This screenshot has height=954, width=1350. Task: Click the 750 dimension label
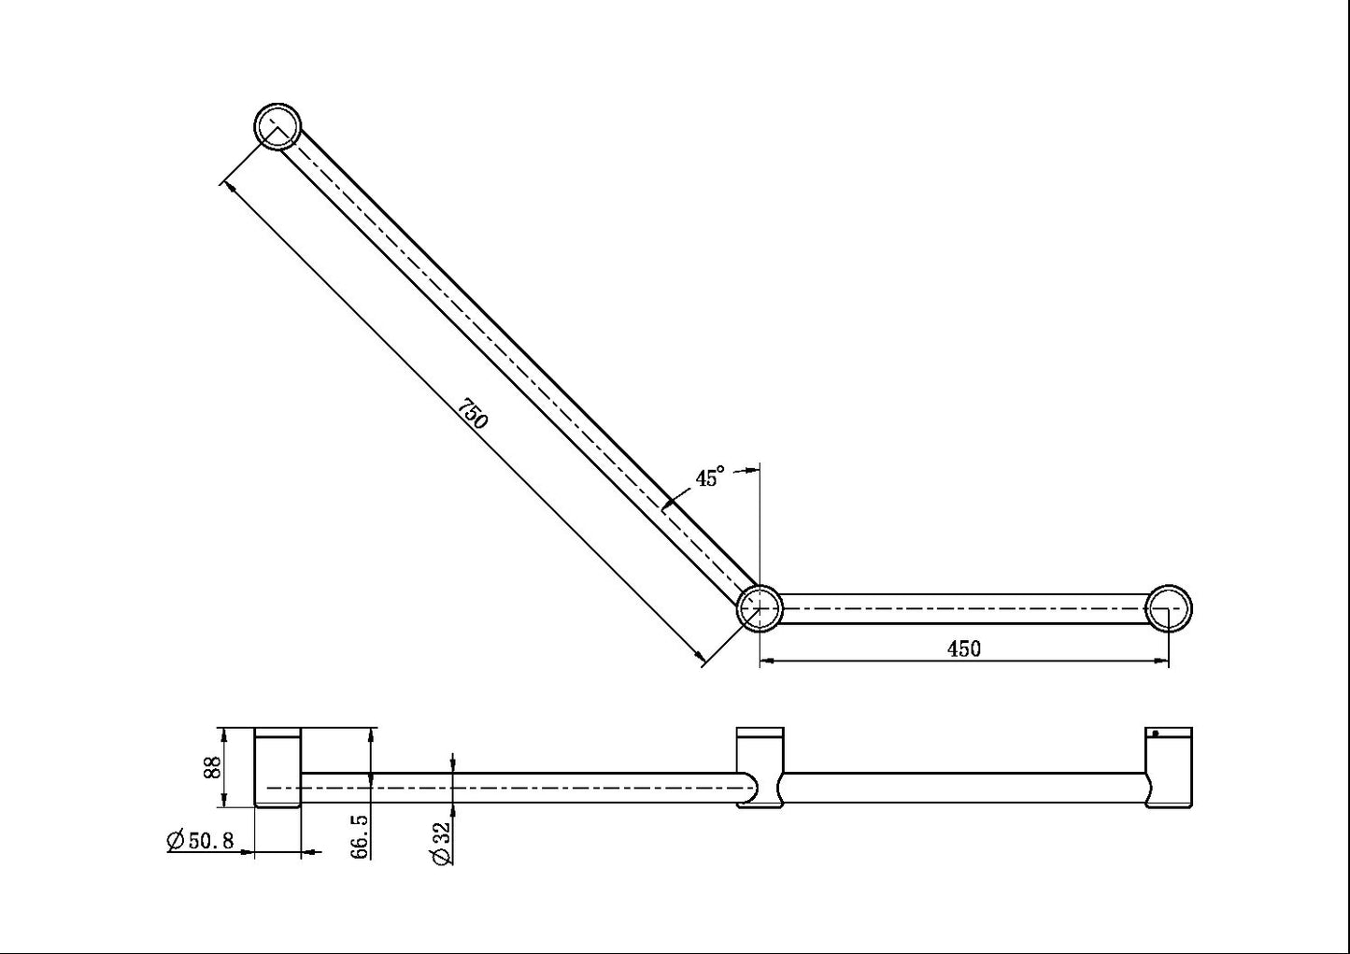click(474, 414)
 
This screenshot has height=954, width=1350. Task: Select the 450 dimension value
click(963, 648)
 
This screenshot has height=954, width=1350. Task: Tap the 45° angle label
click(709, 477)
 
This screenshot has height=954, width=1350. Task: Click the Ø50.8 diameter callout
click(199, 841)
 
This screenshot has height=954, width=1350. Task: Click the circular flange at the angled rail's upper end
click(278, 126)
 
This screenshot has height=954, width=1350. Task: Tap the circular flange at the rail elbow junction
click(760, 607)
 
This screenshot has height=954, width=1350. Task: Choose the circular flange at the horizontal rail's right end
click(1169, 607)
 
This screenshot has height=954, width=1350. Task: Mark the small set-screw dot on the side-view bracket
click(1156, 733)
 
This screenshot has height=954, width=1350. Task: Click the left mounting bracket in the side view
click(277, 767)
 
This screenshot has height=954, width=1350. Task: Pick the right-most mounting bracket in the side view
click(1169, 767)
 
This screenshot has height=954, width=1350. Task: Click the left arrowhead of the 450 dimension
click(767, 662)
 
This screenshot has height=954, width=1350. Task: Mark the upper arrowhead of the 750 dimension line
click(226, 185)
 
